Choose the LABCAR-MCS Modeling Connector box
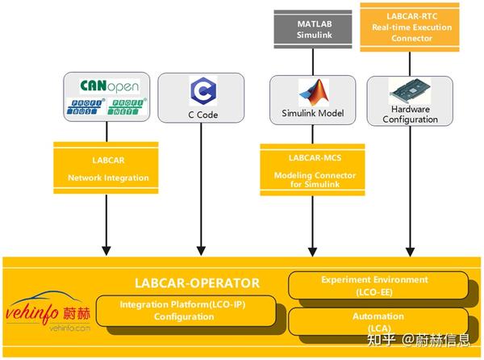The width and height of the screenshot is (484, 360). click(x=310, y=168)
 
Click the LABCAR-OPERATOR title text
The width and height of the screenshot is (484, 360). click(x=197, y=283)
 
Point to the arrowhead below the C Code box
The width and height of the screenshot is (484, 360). click(x=201, y=247)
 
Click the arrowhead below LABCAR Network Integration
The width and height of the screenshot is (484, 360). click(x=107, y=247)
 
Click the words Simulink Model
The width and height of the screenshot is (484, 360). click(x=311, y=114)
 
